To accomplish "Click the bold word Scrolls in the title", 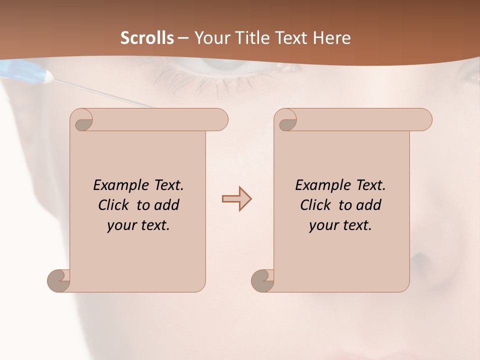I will tap(147, 38).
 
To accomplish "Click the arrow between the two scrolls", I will tap(236, 199).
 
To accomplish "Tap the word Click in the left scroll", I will tap(115, 205).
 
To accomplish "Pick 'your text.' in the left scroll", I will tap(138, 225).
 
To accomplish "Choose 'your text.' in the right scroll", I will tap(340, 225).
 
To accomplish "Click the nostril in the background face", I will tap(421, 260).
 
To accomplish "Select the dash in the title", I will tap(183, 38).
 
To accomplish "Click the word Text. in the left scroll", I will tap(168, 185).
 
